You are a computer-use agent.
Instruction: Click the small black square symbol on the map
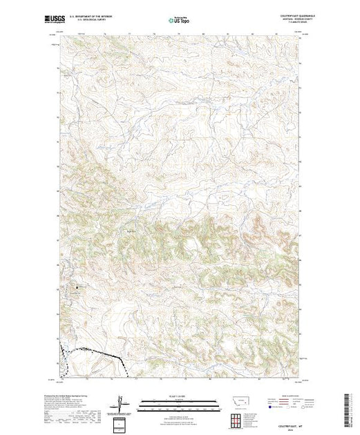77,287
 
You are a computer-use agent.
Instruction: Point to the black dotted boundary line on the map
97,353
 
